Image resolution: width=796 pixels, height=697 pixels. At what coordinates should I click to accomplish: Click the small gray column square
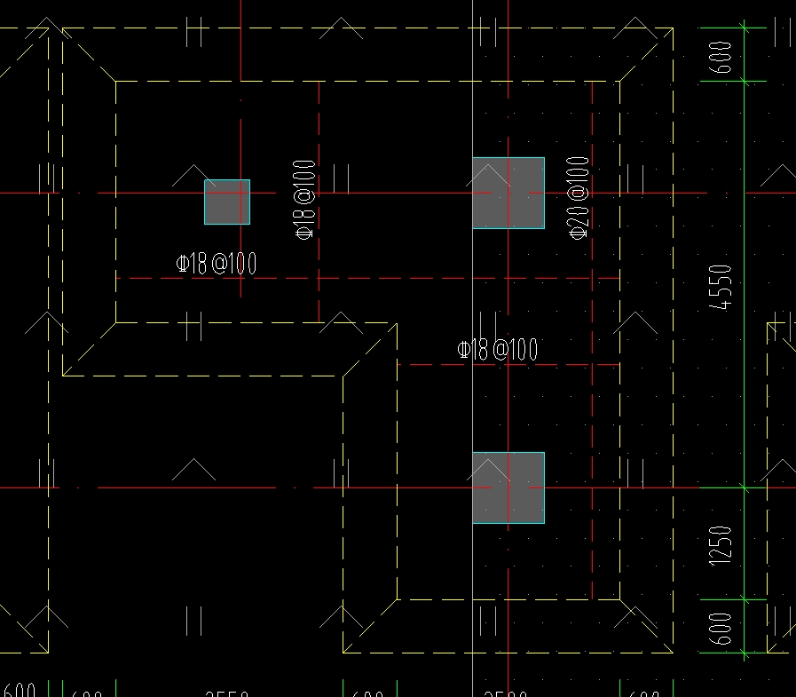227,202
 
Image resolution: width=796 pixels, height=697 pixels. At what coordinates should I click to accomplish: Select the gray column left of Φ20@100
508,193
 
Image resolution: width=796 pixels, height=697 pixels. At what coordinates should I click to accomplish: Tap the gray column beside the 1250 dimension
508,487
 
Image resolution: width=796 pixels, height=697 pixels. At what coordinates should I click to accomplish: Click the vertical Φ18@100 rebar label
304,200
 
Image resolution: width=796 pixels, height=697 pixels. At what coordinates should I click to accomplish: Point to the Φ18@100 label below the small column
217,263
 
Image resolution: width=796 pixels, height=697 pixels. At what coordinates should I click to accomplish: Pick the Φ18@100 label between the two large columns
497,350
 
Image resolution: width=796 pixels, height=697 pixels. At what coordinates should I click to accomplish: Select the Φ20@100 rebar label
578,197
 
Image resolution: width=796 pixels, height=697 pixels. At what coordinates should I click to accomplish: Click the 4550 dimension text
725,287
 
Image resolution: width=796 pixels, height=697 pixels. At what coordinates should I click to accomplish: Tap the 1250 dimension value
722,544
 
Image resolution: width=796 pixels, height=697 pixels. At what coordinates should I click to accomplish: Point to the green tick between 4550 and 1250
744,487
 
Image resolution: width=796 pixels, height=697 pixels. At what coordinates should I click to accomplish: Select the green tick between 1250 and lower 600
744,600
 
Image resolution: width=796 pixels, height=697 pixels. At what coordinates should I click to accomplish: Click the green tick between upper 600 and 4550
744,81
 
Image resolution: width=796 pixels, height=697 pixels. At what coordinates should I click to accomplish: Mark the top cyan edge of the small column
227,180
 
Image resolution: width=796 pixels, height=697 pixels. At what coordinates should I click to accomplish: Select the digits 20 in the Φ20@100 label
578,214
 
